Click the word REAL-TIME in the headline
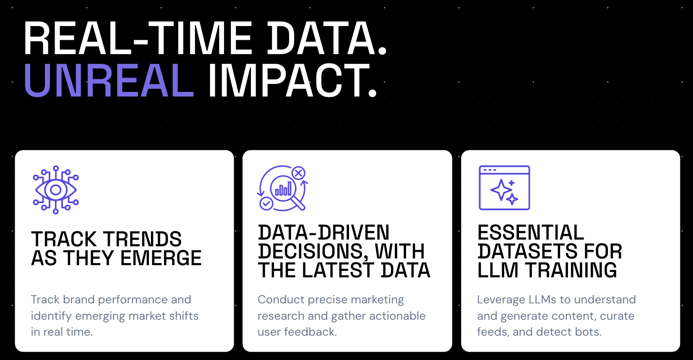(x=138, y=38)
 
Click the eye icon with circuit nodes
(x=56, y=190)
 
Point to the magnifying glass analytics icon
(x=282, y=188)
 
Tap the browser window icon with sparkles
(x=504, y=188)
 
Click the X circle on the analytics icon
(x=299, y=173)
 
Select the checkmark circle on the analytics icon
(x=266, y=203)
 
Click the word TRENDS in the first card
(x=143, y=239)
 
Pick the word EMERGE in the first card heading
(x=161, y=258)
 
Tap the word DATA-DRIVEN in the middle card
(x=323, y=232)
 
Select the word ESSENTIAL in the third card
(x=531, y=232)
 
